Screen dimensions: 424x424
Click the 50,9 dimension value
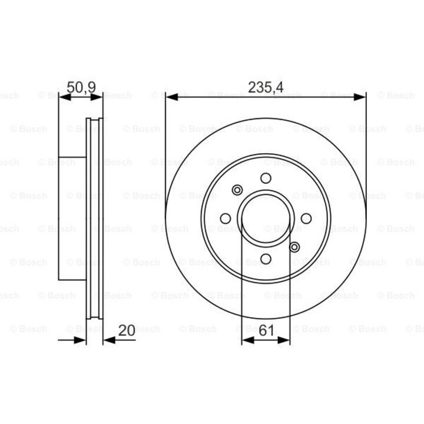[x=81, y=88]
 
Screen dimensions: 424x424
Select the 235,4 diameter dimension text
[x=266, y=88]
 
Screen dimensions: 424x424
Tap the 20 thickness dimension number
[x=127, y=330]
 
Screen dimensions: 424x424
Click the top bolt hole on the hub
[x=266, y=178]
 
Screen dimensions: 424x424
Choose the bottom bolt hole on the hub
[x=266, y=259]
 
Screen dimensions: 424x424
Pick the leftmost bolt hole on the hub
[x=225, y=218]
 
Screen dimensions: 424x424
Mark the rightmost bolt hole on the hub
[x=306, y=218]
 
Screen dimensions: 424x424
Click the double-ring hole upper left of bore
[x=237, y=190]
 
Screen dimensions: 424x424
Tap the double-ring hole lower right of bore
[x=294, y=247]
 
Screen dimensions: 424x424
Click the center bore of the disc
[x=266, y=218]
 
